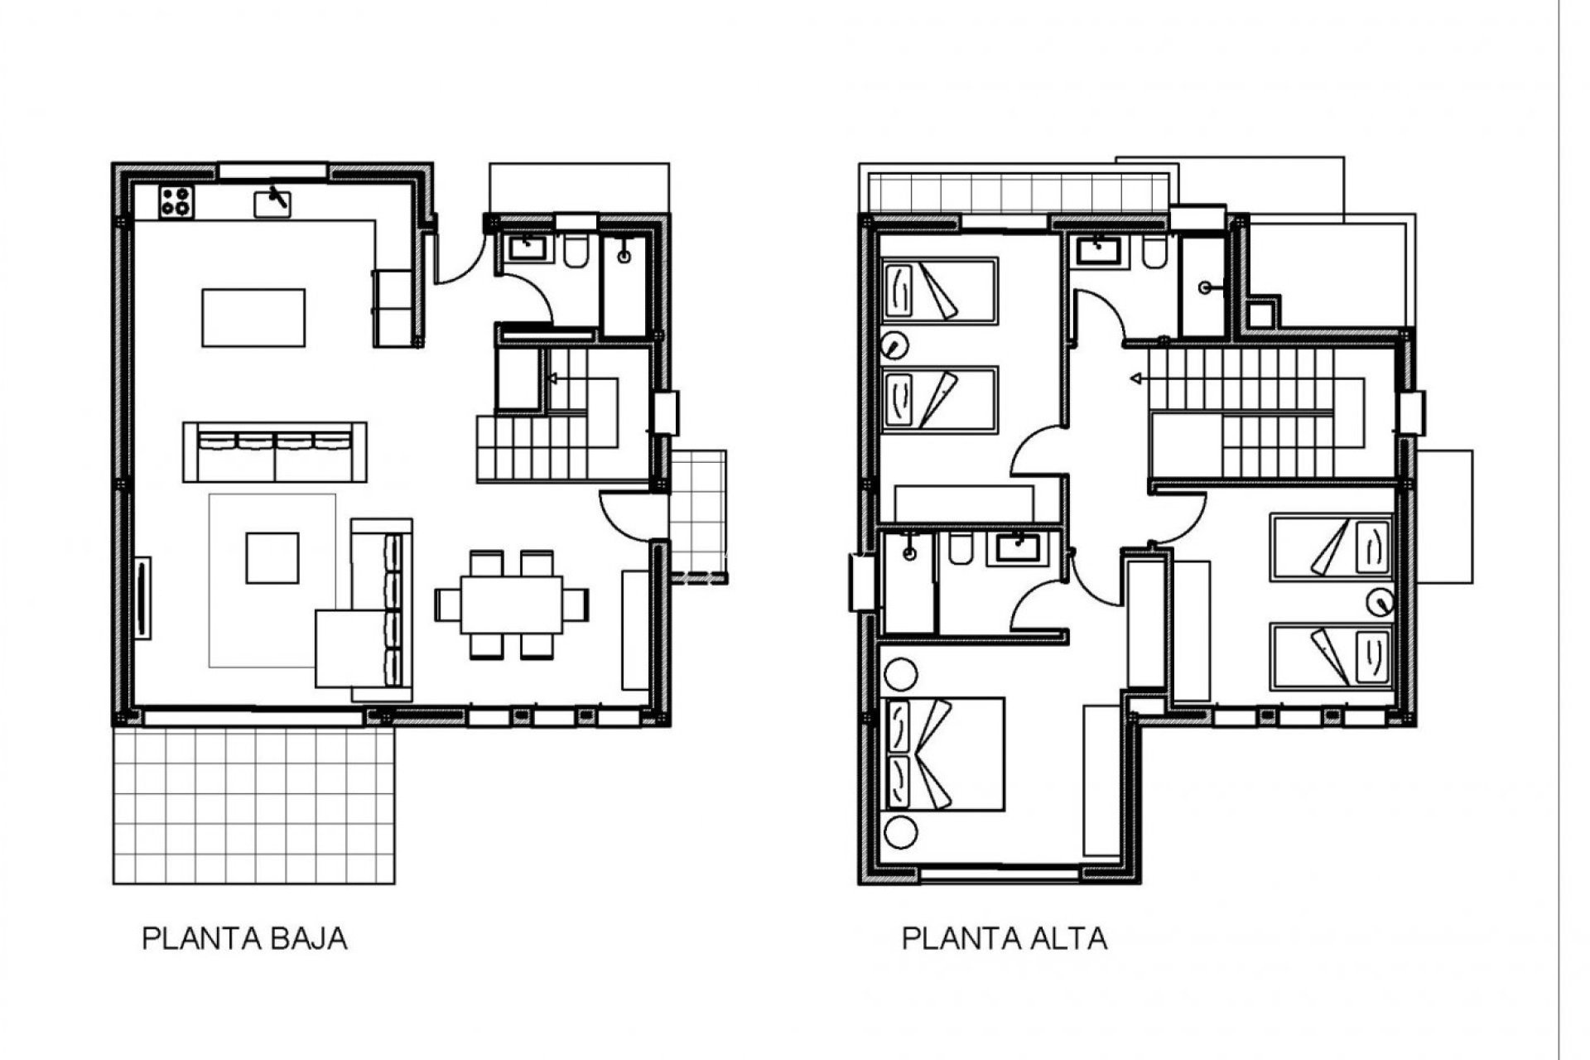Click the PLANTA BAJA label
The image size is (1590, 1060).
tap(244, 939)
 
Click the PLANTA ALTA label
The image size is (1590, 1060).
tap(1004, 939)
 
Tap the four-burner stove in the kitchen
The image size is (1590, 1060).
tap(176, 202)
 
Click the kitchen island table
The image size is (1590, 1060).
tap(253, 318)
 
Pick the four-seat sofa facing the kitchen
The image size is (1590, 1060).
tap(275, 451)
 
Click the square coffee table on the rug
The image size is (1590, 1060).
tap(272, 557)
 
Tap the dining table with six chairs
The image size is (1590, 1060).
tap(511, 604)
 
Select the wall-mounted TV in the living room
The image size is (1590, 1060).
tap(144, 597)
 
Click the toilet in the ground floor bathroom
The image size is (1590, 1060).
tap(575, 252)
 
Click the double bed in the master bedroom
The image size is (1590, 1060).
tap(944, 754)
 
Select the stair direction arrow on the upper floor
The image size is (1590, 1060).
tap(1137, 379)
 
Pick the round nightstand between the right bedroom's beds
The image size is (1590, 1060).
tap(1380, 602)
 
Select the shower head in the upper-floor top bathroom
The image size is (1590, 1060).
tap(1206, 287)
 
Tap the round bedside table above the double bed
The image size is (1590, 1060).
tap(901, 675)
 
